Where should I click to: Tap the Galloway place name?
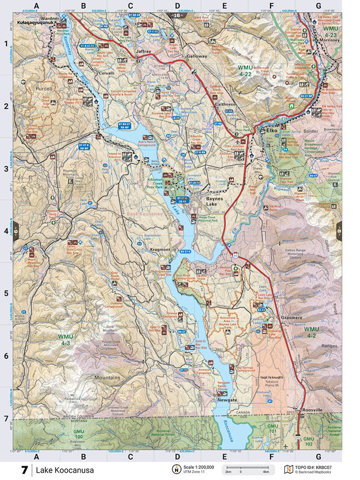(x=196, y=56)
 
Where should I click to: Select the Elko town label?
(x=271, y=130)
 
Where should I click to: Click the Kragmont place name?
(x=160, y=250)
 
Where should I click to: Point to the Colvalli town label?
(x=106, y=73)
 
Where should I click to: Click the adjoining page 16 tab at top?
(x=176, y=16)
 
